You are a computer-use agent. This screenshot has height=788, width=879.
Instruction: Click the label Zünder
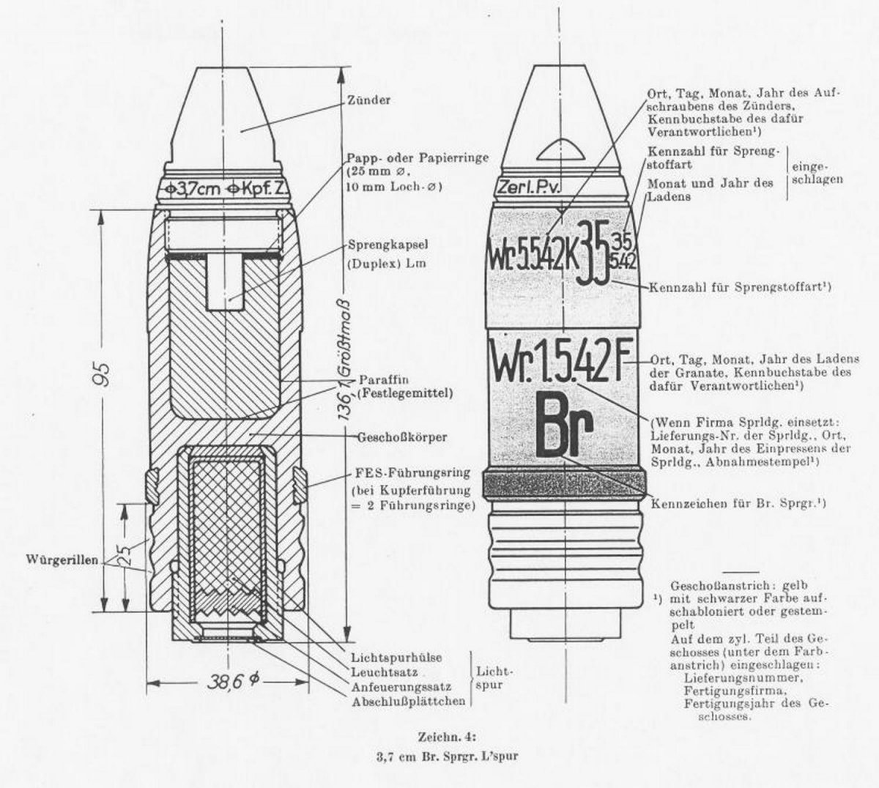click(x=368, y=100)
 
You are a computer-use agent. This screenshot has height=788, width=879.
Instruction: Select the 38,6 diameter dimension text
click(x=232, y=682)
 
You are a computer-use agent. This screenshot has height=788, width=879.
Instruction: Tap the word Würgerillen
click(x=62, y=559)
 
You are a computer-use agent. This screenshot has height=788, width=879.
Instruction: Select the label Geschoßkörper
click(x=402, y=437)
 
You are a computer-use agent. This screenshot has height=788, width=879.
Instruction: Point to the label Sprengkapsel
click(x=388, y=245)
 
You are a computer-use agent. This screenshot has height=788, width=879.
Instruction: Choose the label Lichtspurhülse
click(x=396, y=658)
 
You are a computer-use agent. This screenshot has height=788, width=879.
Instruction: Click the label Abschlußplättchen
click(x=408, y=702)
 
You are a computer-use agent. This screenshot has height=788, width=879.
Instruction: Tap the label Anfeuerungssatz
click(x=401, y=688)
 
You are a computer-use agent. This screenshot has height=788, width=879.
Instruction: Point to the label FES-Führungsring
click(x=410, y=472)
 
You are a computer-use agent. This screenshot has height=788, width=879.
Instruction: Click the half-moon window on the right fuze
click(x=561, y=151)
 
